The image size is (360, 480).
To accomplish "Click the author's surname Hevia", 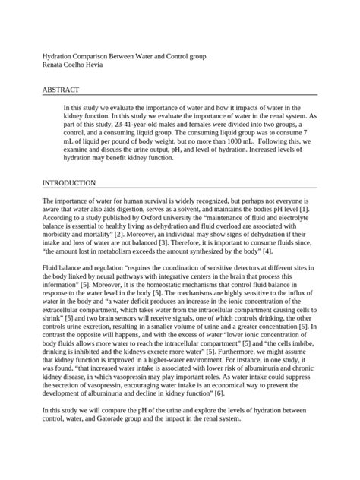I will (x=109, y=65).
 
